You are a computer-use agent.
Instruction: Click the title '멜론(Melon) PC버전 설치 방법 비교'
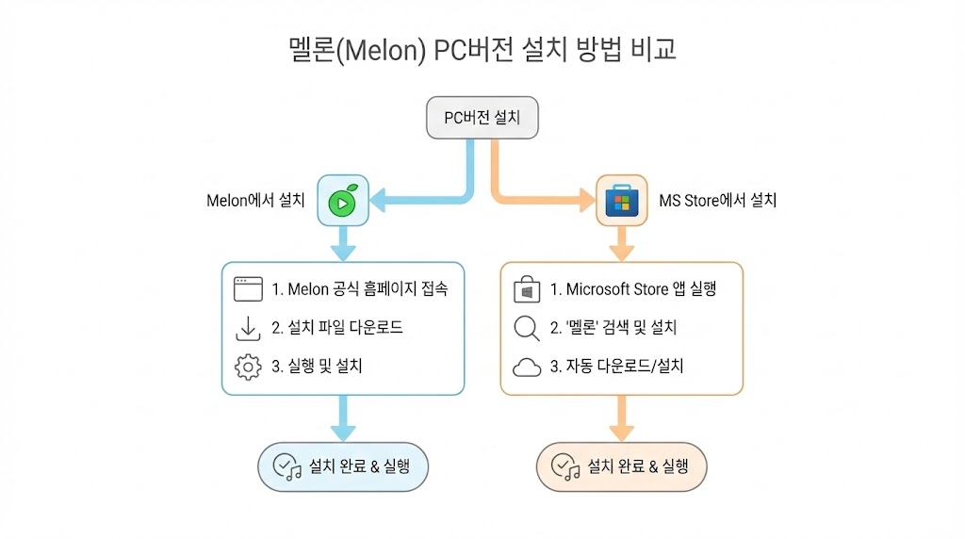point(482,49)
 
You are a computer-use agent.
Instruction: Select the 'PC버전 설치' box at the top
point(482,118)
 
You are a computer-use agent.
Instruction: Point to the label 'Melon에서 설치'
point(255,200)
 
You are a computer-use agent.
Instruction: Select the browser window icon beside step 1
point(248,289)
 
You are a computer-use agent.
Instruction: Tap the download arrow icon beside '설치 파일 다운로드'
point(248,328)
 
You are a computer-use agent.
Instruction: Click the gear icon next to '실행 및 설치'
point(248,367)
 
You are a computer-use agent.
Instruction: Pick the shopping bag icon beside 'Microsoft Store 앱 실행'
point(527,289)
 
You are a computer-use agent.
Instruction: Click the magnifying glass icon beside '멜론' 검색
point(527,328)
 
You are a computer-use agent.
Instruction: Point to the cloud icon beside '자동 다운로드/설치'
point(527,367)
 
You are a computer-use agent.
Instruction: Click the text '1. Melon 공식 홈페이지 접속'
point(359,289)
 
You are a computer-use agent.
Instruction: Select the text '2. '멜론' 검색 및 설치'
point(613,328)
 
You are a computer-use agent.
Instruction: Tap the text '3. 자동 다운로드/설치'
point(616,367)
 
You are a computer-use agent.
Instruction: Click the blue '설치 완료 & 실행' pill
point(343,466)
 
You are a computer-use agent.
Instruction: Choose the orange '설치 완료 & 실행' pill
point(621,466)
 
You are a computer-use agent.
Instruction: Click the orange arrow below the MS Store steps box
point(621,419)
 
